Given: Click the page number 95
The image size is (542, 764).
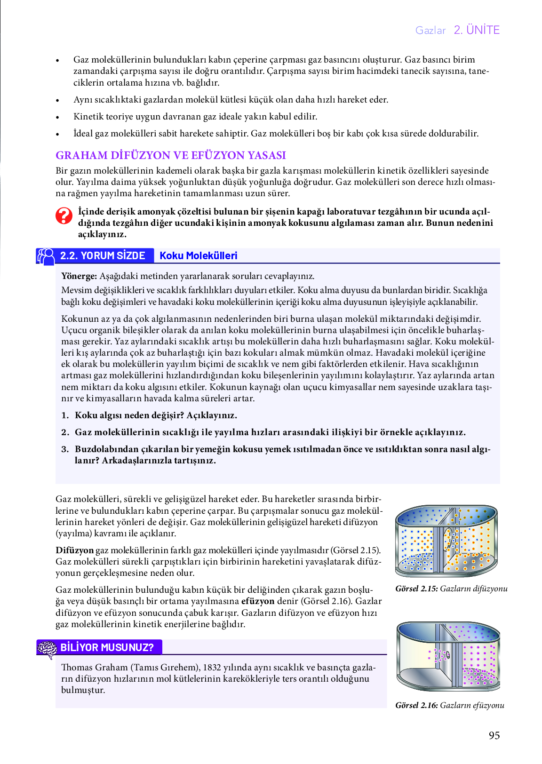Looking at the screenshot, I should [x=494, y=735].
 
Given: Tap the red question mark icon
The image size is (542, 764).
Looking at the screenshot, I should [x=64, y=216].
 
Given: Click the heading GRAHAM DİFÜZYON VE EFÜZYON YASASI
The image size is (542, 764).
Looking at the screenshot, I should [x=170, y=155].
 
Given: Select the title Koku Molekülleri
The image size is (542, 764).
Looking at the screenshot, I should [x=198, y=255].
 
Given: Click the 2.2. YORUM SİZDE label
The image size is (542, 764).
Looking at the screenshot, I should [x=103, y=255].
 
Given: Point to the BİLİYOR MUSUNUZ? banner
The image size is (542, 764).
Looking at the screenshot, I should [x=107, y=647].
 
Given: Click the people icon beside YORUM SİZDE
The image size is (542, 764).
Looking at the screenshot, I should [x=46, y=256].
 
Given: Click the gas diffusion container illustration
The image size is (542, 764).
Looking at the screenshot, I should [x=446, y=541].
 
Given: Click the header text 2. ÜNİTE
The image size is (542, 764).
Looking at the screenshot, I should [x=476, y=30].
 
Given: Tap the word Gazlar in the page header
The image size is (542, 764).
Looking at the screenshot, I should [x=430, y=31].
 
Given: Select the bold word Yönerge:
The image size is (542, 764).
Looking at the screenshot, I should [x=79, y=276].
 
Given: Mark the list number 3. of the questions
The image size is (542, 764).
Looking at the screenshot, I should [x=65, y=449].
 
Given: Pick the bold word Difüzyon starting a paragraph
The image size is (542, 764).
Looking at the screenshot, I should [x=74, y=550].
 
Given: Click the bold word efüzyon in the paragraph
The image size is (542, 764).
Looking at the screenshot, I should [x=258, y=601].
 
